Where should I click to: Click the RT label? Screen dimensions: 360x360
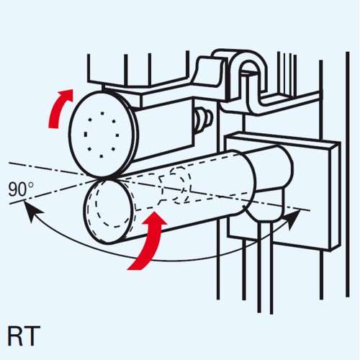click(24, 336)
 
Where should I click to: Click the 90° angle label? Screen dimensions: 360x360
click(20, 189)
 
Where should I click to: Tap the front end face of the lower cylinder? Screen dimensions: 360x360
click(109, 212)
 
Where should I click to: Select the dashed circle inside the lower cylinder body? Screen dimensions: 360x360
click(179, 185)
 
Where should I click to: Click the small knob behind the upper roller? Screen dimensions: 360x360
click(204, 120)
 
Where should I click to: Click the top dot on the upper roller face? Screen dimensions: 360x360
click(102, 113)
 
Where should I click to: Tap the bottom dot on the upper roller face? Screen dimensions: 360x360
click(102, 156)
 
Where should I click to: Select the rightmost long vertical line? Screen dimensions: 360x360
click(347, 174)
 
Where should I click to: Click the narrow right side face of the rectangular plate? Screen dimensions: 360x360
click(336, 197)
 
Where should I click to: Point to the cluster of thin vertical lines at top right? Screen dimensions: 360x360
click(287, 73)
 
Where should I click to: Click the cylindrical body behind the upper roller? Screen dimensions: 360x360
click(163, 130)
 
